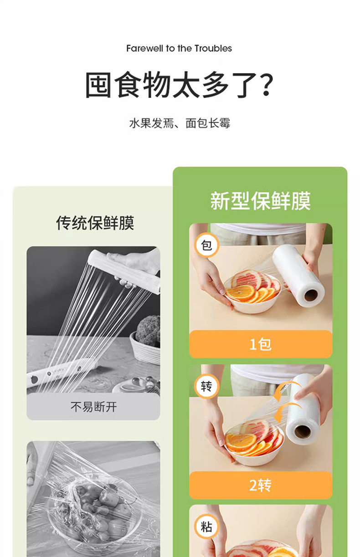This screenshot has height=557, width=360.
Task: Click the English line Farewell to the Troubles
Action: click(x=179, y=48)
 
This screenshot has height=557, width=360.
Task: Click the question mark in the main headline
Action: click(x=264, y=85)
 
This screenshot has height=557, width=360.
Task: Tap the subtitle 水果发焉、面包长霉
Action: click(x=180, y=123)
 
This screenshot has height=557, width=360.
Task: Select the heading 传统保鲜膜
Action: click(x=95, y=223)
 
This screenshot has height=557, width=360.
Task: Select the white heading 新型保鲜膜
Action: click(x=261, y=201)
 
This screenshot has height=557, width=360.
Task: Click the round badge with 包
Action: click(x=206, y=245)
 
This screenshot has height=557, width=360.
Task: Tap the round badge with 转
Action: click(x=206, y=386)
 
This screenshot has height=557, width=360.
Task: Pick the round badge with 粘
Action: click(x=206, y=526)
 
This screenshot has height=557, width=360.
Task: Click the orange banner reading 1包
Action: click(x=261, y=344)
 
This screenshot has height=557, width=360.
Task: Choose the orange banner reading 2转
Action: click(x=261, y=485)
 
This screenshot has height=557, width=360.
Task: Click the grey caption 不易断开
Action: click(x=93, y=407)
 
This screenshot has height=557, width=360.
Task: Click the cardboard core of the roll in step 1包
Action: click(x=311, y=296)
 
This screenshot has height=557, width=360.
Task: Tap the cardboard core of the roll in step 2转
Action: click(x=303, y=431)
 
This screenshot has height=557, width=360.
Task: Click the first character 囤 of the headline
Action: click(x=98, y=85)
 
